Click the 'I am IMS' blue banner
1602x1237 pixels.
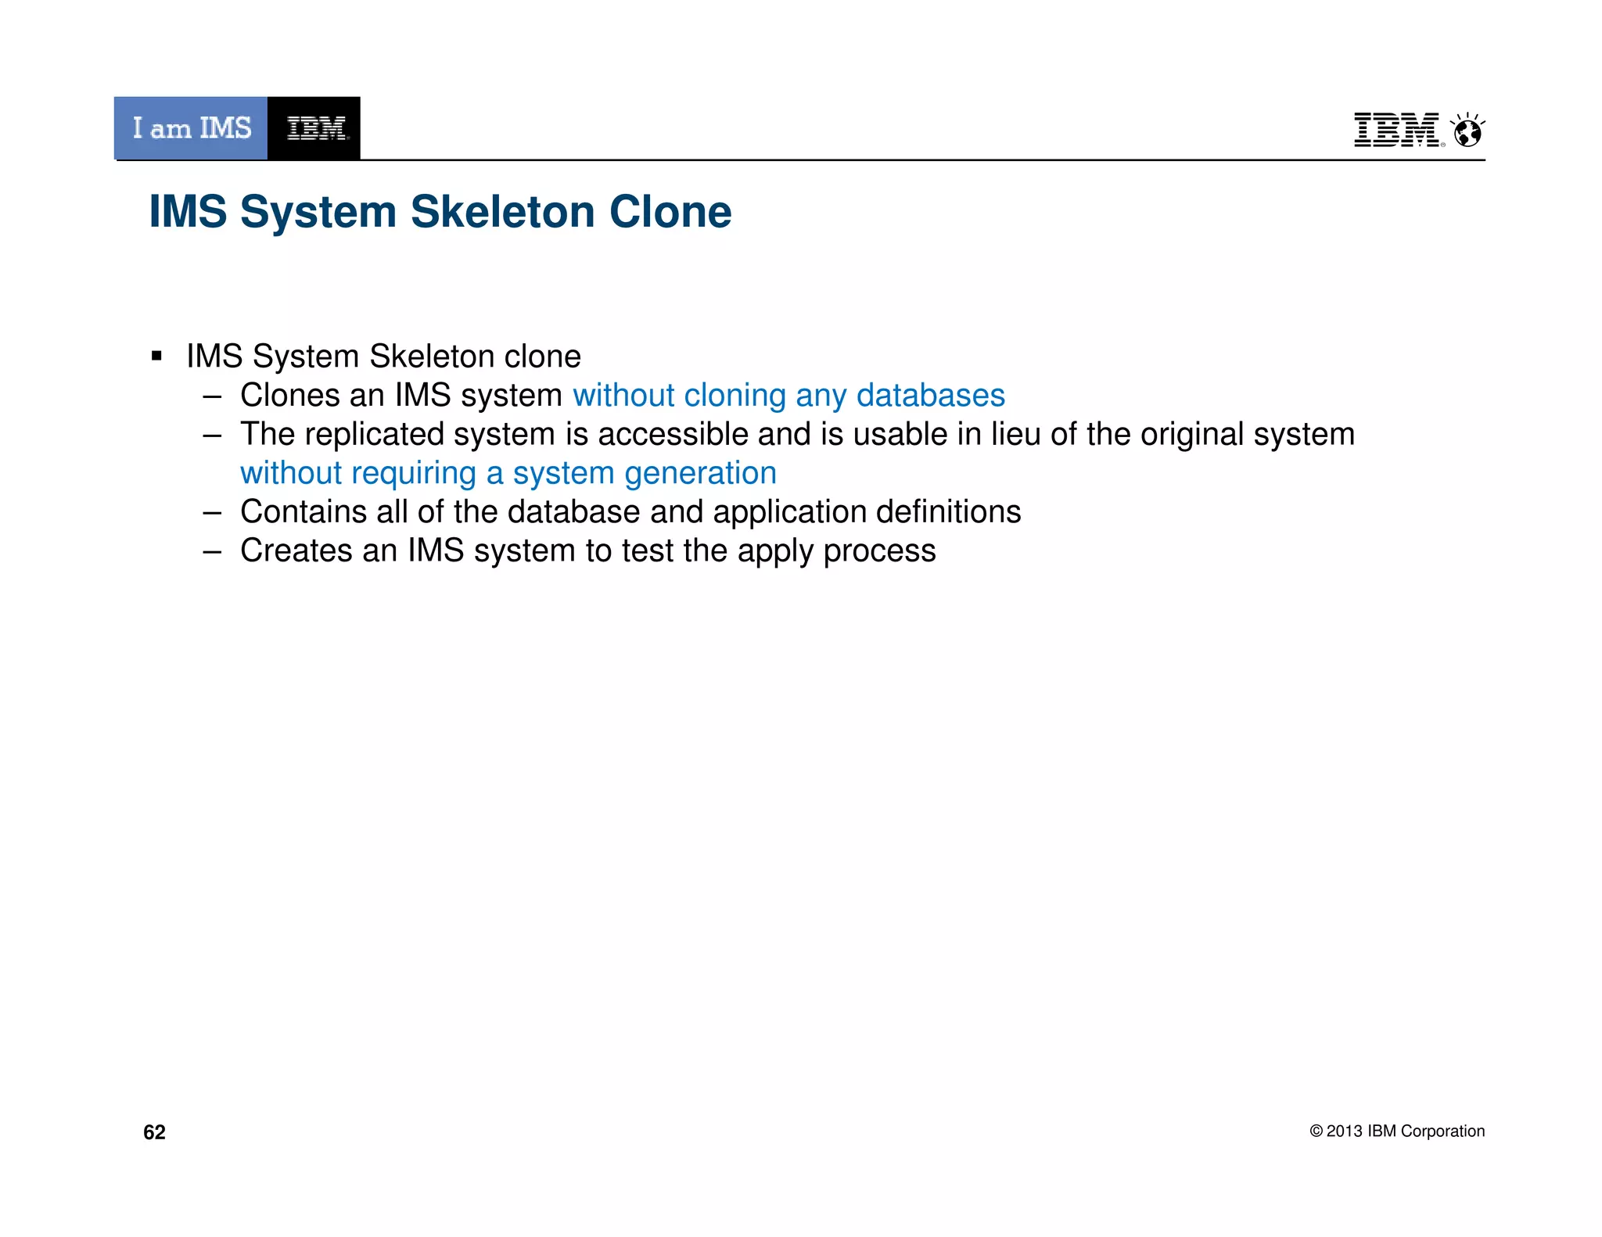pyautogui.click(x=191, y=128)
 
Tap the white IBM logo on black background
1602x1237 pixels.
pyautogui.click(x=315, y=128)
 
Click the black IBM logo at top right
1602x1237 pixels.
pyautogui.click(x=1396, y=130)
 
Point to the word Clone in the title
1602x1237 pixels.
pyautogui.click(x=670, y=212)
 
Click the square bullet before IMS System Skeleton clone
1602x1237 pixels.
pyautogui.click(x=156, y=357)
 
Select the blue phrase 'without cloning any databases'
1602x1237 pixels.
pyautogui.click(x=788, y=396)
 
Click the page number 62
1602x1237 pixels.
pyautogui.click(x=154, y=1132)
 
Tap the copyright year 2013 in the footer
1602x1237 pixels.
pyautogui.click(x=1345, y=1131)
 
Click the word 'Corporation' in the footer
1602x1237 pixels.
pyautogui.click(x=1442, y=1131)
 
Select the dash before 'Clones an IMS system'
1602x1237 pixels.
pyautogui.click(x=212, y=396)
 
